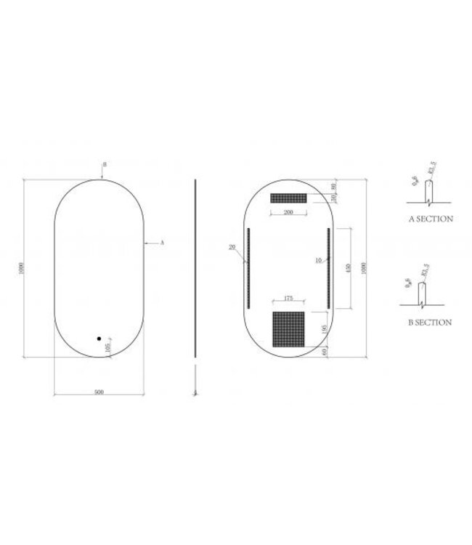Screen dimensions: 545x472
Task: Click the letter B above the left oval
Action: (x=105, y=165)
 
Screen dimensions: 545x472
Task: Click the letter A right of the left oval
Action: (x=162, y=243)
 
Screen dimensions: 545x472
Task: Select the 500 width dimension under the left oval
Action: (x=99, y=392)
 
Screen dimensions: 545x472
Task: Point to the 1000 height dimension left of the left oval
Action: (x=22, y=268)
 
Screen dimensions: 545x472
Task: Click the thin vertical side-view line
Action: (x=195, y=268)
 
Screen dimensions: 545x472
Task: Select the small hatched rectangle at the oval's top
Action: (x=289, y=198)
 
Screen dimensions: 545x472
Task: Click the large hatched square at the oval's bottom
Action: (x=288, y=329)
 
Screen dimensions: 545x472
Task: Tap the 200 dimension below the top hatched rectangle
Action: (x=288, y=211)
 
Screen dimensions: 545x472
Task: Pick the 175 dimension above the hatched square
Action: (x=288, y=298)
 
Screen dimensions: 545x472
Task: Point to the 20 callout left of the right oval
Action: (x=232, y=247)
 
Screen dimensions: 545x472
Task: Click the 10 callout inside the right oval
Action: (x=318, y=259)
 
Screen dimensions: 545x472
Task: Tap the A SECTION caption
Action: (x=431, y=218)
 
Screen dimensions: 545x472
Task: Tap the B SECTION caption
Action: (x=431, y=322)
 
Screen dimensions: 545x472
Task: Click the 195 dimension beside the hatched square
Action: (x=324, y=328)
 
